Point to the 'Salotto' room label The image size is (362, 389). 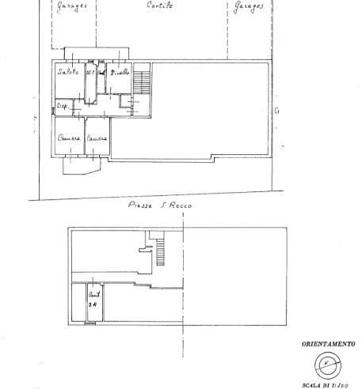67,73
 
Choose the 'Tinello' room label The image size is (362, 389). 120,73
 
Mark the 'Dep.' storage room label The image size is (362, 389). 62,106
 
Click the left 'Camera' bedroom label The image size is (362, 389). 69,139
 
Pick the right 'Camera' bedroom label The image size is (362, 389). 97,139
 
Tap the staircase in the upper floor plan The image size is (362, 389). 143,81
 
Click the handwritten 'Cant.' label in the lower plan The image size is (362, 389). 93,294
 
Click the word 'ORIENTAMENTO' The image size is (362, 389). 327,344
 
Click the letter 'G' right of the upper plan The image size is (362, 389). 276,111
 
